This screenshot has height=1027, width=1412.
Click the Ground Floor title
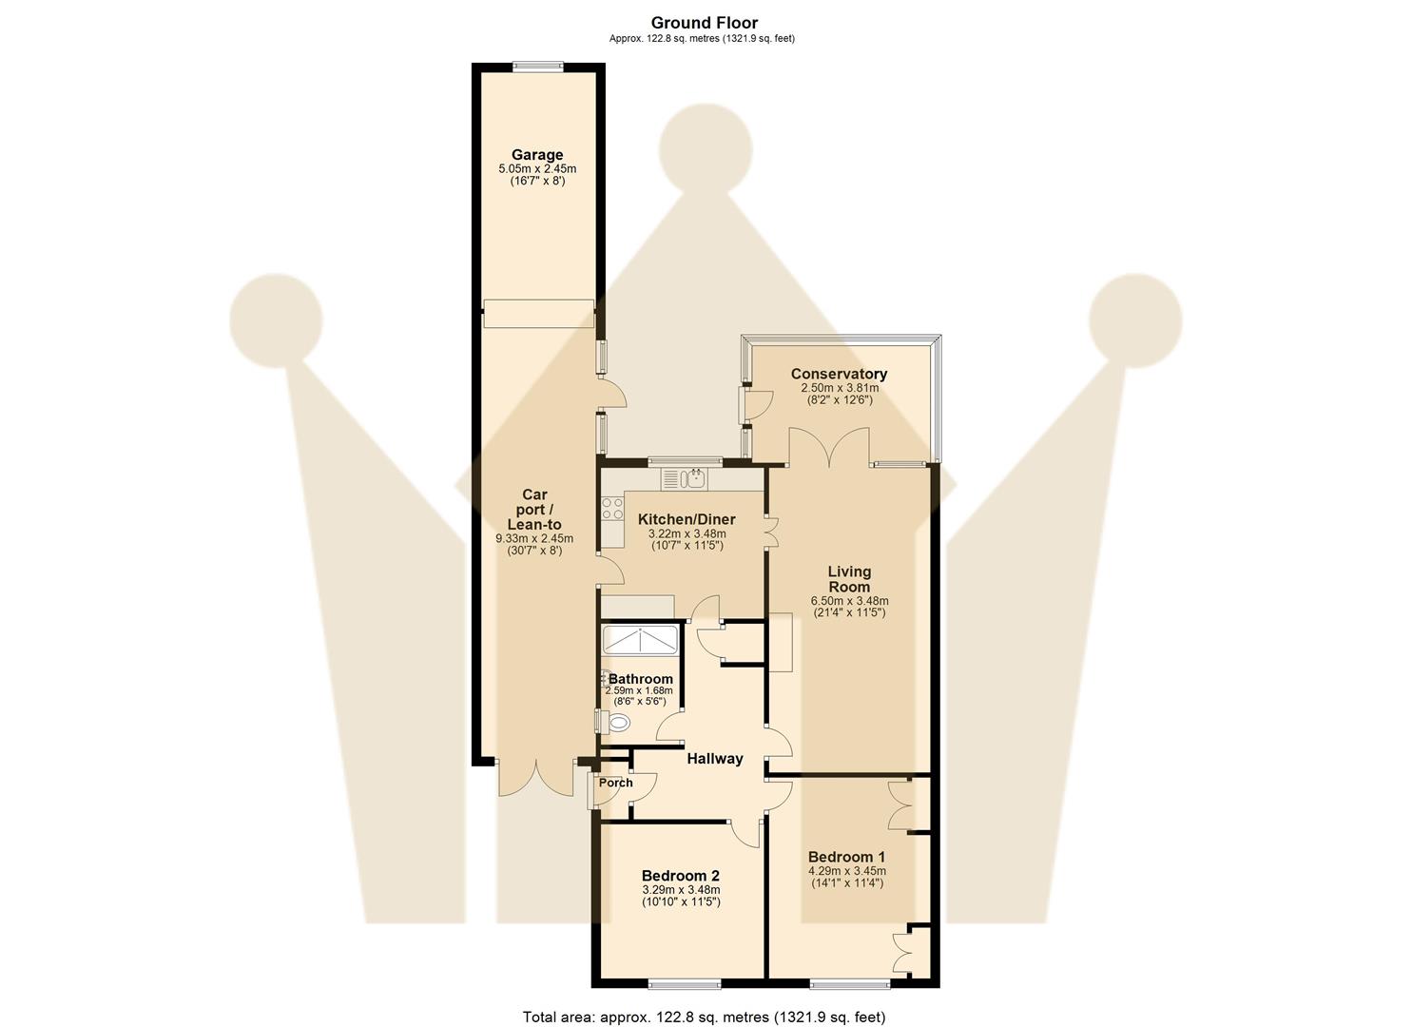705,23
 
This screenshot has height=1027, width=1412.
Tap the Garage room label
537,155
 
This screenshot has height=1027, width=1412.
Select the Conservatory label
839,375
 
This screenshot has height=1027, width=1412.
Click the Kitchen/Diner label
681,519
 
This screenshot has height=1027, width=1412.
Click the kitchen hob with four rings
611,509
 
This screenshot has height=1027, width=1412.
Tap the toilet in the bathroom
617,723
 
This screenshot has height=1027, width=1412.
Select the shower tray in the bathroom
640,639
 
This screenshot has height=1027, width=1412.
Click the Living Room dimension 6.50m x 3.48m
848,601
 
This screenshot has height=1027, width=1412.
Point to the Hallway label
714,759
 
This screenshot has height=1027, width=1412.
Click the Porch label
615,783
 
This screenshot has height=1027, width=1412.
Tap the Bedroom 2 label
680,876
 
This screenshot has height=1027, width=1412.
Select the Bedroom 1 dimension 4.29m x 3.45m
846,871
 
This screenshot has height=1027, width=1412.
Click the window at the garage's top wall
537,66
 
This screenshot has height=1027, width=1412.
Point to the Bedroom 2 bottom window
684,983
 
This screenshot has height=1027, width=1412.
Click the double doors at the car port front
536,777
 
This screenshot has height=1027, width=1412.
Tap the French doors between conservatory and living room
828,447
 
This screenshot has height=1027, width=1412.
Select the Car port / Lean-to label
534,510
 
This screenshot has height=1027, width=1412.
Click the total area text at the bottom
705,1017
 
